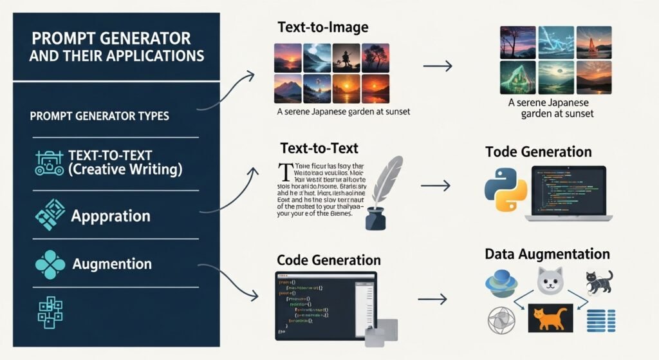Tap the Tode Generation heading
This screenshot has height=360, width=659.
click(538, 152)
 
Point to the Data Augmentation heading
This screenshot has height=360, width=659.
click(546, 254)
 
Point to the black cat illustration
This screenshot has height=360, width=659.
click(599, 281)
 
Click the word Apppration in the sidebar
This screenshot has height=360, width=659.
click(111, 215)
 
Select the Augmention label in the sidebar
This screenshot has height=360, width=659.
click(112, 264)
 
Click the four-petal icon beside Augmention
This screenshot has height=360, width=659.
click(50, 265)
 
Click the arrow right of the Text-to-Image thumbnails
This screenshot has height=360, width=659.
click(438, 66)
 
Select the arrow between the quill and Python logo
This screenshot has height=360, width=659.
click(435, 185)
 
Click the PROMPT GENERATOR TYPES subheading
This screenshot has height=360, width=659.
click(100, 117)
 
